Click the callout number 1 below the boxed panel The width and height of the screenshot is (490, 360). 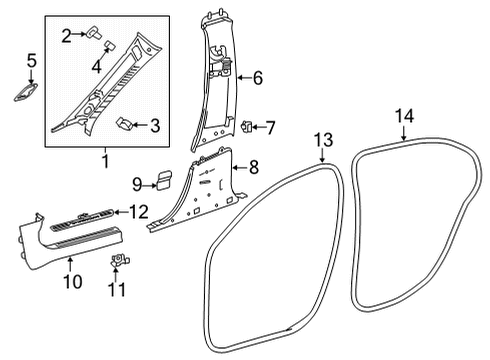click(105, 161)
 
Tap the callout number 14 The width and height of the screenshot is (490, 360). click(404, 116)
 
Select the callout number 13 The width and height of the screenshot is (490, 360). click(323, 140)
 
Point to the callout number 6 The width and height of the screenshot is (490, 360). click(258, 78)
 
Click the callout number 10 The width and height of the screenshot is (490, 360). click(73, 282)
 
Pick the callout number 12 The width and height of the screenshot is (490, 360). click(139, 212)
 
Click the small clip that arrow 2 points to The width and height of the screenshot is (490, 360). click(94, 33)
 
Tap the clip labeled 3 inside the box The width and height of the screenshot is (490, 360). click(124, 124)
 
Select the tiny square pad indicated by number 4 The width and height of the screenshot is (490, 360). click(109, 45)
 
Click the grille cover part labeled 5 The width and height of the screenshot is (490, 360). click(26, 92)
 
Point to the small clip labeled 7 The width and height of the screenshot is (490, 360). click(247, 127)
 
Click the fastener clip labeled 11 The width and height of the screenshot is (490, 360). click(120, 260)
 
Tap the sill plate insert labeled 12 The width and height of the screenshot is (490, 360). click(82, 221)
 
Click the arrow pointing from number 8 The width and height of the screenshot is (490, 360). click(239, 167)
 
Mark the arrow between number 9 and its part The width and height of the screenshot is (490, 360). click(149, 185)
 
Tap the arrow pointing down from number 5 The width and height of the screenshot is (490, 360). click(31, 76)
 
